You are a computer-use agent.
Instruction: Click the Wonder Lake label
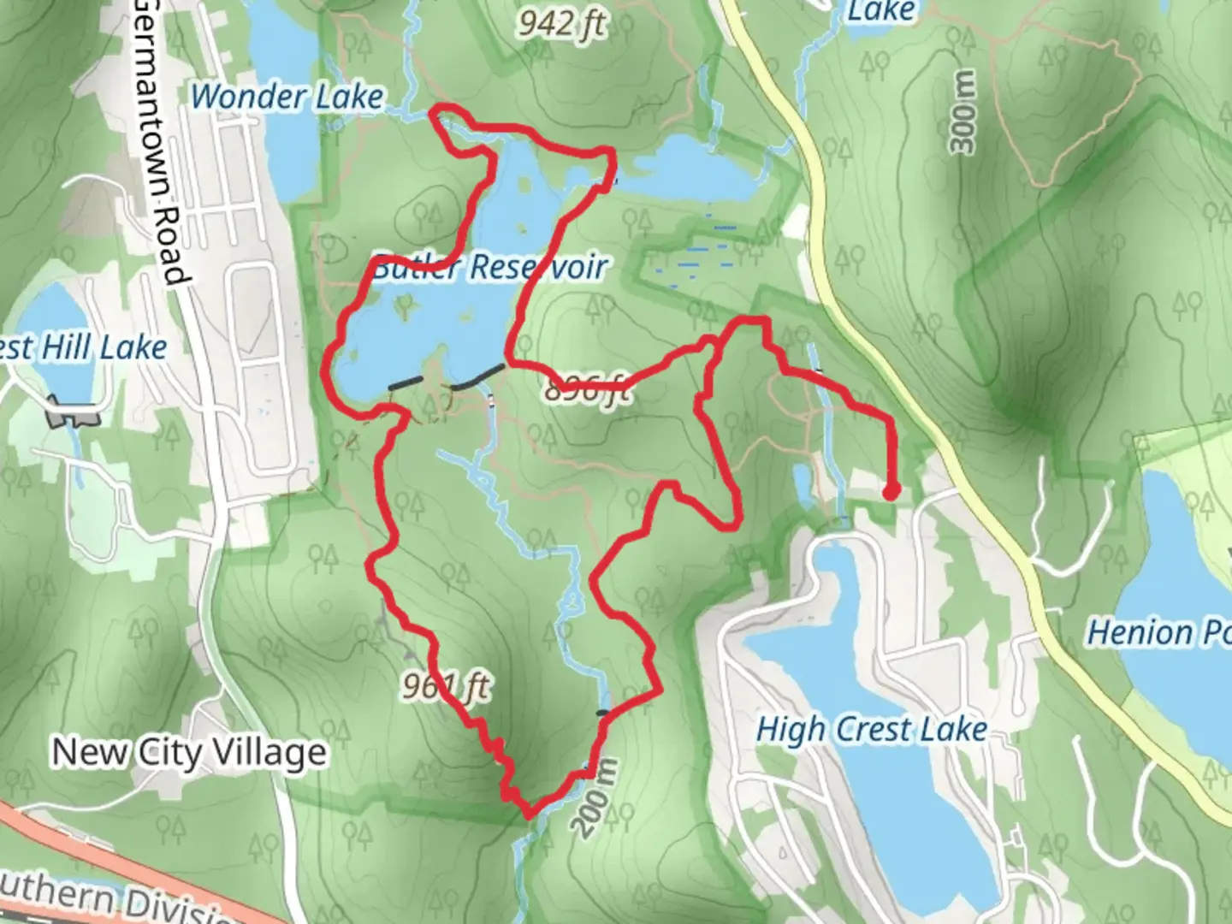click(x=287, y=97)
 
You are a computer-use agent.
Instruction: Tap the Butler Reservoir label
click(x=490, y=268)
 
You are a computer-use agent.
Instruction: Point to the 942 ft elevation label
click(x=561, y=25)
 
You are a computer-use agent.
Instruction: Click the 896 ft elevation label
click(x=589, y=389)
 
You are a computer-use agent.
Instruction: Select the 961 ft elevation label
click(x=447, y=686)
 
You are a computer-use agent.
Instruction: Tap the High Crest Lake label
click(x=872, y=730)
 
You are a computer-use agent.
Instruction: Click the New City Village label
click(x=189, y=753)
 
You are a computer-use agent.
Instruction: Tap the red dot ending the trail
click(x=891, y=492)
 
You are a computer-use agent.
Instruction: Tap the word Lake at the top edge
click(x=880, y=12)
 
